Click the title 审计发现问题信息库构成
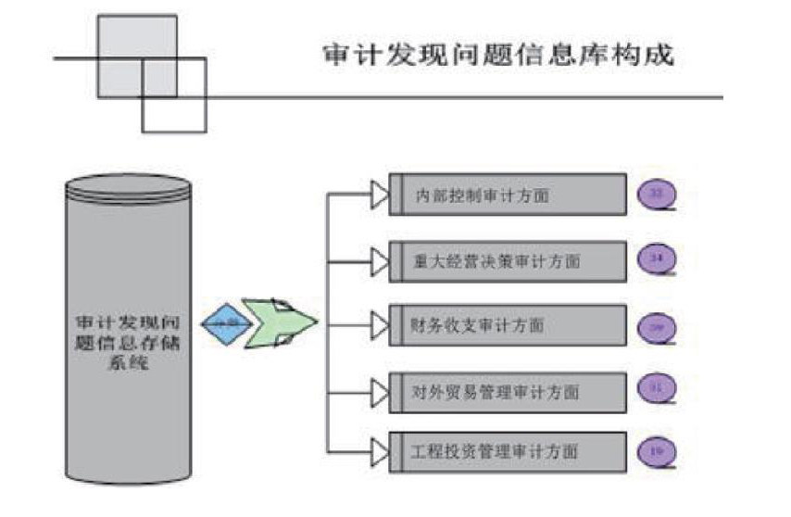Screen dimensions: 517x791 (497, 55)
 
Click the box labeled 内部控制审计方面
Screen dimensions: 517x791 (508, 195)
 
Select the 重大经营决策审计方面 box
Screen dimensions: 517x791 (508, 260)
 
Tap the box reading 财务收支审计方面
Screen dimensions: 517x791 (508, 325)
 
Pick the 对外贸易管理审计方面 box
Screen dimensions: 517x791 (508, 389)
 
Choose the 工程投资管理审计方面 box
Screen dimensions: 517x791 (508, 451)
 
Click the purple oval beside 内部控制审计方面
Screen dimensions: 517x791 (658, 194)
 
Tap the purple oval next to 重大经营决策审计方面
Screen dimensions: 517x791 (658, 258)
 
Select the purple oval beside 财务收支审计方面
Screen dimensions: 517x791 (658, 326)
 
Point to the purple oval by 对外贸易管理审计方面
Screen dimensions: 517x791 (658, 389)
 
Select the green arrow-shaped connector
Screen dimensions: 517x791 (280, 322)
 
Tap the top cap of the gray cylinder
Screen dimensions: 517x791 (128, 186)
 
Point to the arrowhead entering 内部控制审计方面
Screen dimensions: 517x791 (380, 195)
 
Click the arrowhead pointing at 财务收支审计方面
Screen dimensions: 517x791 (380, 325)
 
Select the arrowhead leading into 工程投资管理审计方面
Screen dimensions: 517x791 (380, 451)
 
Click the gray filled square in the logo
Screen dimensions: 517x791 (137, 56)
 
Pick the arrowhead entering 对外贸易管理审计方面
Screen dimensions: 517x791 (380, 389)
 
